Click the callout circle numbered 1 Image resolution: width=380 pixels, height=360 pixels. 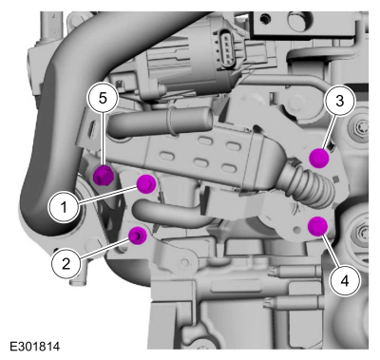click(64, 207)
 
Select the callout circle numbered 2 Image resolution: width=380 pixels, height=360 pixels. click(66, 263)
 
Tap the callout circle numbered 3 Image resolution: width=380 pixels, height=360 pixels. click(339, 101)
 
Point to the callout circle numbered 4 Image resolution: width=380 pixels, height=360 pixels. click(345, 280)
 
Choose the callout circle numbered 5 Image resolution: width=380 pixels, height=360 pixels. click(103, 99)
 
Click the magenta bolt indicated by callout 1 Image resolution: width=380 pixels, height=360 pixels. click(146, 183)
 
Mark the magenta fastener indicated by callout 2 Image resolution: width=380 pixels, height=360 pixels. click(137, 236)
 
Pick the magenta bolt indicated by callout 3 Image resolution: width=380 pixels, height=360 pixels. click(319, 158)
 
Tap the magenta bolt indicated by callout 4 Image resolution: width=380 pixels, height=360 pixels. click(318, 226)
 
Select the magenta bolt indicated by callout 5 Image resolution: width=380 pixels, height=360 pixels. click(104, 175)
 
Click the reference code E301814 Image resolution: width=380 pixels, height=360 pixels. click(35, 346)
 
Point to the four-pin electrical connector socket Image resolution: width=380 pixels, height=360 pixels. click(224, 47)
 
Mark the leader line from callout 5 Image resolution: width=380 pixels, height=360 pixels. click(104, 140)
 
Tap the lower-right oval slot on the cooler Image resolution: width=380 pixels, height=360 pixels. click(229, 167)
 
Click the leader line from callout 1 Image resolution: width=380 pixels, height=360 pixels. click(106, 195)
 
